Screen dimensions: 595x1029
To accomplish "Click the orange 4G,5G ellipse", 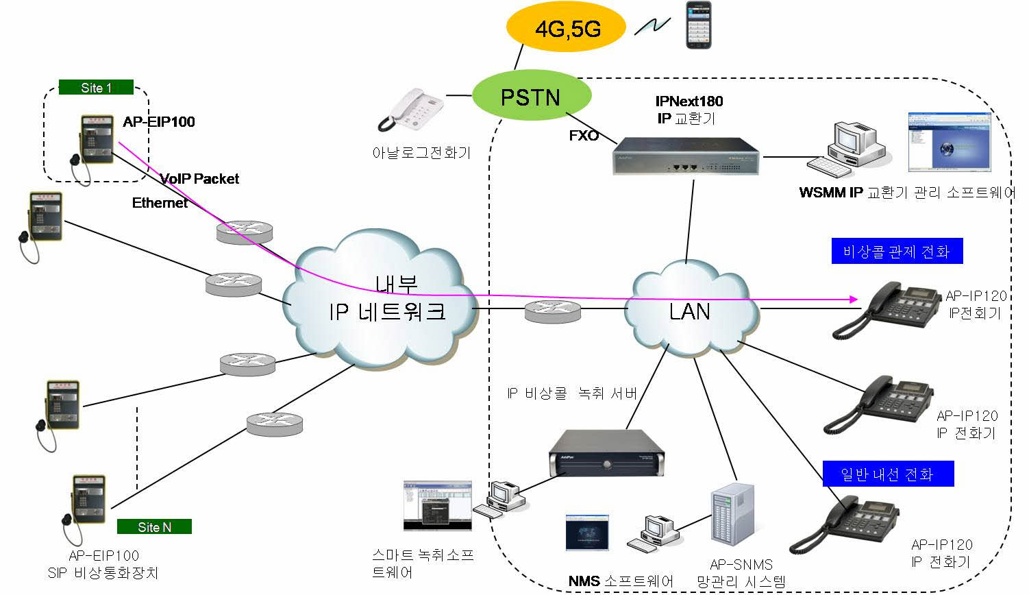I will coord(566,29).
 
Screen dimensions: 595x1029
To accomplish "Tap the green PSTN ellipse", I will coord(531,97).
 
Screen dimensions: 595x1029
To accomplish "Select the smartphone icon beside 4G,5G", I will coord(699,25).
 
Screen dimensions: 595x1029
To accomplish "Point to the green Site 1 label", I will coord(96,88).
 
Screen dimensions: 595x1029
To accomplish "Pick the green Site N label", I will coord(154,526).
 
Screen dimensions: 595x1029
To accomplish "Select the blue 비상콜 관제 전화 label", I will coord(896,252).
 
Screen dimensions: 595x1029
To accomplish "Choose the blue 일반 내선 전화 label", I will coord(888,474).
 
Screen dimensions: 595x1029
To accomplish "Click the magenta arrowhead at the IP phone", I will coord(853,300).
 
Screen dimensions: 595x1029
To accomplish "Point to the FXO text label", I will coord(584,136).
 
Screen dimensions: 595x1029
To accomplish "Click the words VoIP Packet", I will coord(199,179).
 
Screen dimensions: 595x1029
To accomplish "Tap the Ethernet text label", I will coord(160,203).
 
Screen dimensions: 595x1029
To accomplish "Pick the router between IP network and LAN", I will coord(552,311).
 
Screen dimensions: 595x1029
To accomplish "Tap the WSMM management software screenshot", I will coord(950,143).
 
